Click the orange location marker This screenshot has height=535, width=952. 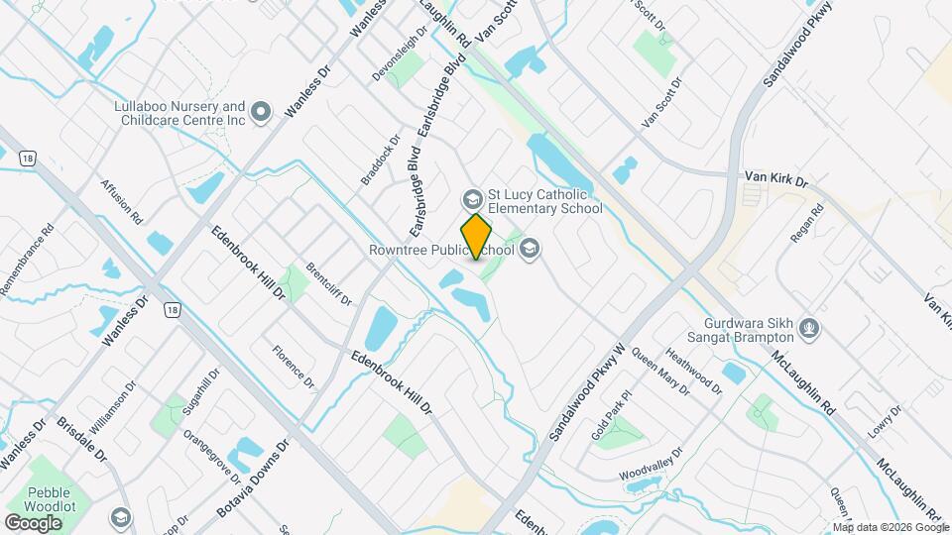tap(477, 237)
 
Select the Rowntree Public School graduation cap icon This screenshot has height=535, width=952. tap(530, 249)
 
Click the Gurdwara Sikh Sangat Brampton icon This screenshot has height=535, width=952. tap(810, 328)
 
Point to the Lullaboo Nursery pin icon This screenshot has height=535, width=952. tap(262, 113)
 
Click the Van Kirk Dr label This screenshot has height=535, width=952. tap(776, 180)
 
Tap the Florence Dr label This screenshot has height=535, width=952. tap(294, 367)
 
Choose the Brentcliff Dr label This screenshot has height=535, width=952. tap(329, 283)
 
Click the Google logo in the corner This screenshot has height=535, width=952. tap(33, 522)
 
